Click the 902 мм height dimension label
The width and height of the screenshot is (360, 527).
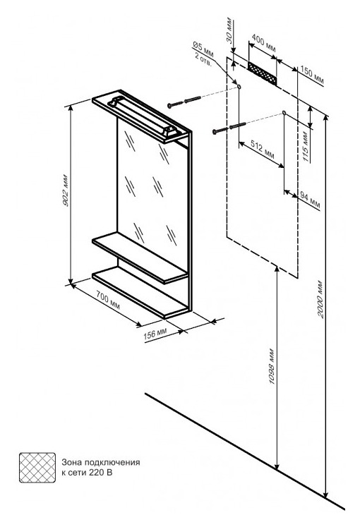[x=66, y=190]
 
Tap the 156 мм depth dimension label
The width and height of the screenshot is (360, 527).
[x=155, y=334]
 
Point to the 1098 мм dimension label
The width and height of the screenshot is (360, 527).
[x=272, y=367]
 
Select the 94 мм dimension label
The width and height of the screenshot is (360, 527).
[x=310, y=200]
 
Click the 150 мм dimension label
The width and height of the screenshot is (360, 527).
[x=312, y=75]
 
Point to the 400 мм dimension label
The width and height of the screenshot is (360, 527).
[x=263, y=43]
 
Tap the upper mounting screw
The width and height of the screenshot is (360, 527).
[x=184, y=102]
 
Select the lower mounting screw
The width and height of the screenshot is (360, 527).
[x=229, y=128]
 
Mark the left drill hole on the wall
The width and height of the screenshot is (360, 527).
[x=239, y=87]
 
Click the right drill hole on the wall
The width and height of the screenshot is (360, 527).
[x=284, y=113]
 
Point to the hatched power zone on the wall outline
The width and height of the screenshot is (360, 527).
[x=263, y=73]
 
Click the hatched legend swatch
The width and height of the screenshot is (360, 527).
[x=37, y=468]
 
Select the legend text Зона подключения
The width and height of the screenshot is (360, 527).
[x=100, y=463]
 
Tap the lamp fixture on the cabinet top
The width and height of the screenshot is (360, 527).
[x=143, y=116]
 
